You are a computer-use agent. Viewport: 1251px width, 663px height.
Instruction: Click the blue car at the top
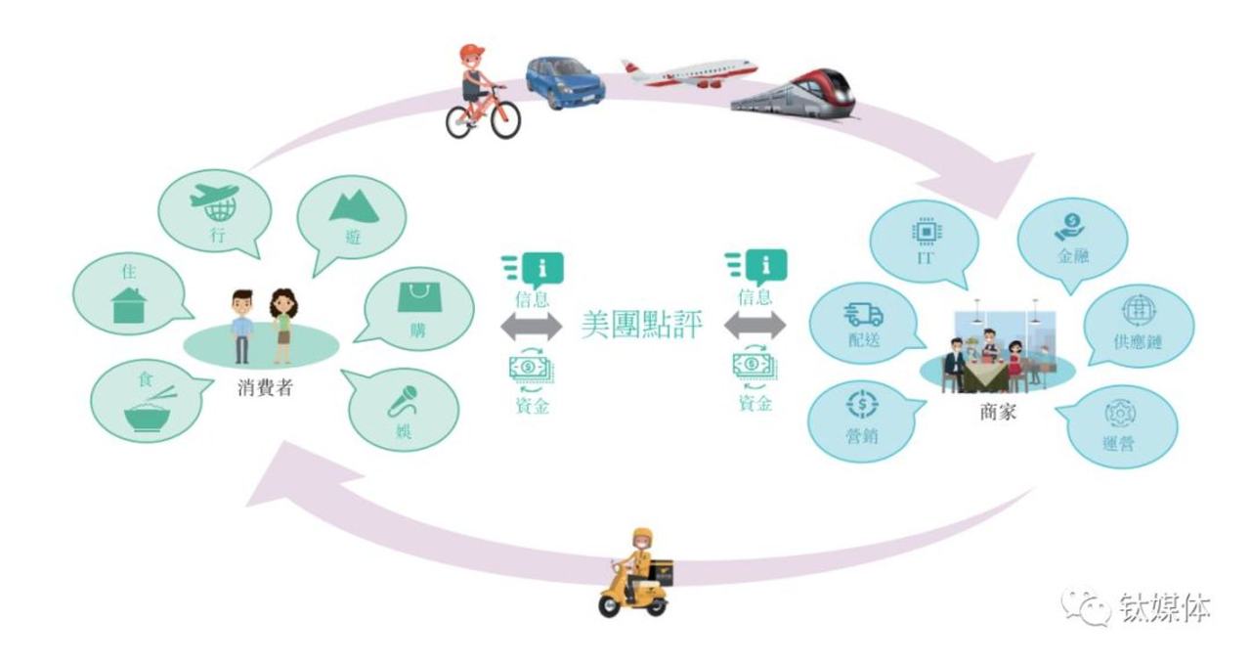click(x=564, y=79)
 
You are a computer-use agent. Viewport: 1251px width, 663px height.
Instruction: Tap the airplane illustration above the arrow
click(x=689, y=73)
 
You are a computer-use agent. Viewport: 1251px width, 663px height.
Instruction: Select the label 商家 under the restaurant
click(x=997, y=412)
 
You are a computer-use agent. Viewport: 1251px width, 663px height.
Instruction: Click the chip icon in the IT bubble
click(x=922, y=231)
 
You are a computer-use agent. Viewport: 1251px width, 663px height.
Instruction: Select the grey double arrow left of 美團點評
click(x=531, y=326)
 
